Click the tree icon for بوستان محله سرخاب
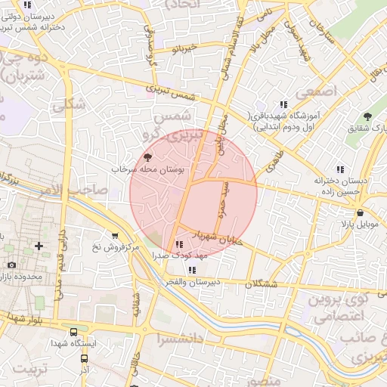(x=147, y=157)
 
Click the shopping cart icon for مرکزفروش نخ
(x=114, y=235)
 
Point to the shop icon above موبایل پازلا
(x=361, y=212)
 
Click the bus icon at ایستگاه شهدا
(x=73, y=331)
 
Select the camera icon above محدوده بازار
(x=11, y=265)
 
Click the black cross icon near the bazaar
(x=39, y=246)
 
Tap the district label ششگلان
(x=262, y=284)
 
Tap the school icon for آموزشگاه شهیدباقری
(x=283, y=104)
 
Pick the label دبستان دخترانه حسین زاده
(x=341, y=187)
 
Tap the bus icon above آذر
(x=85, y=359)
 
